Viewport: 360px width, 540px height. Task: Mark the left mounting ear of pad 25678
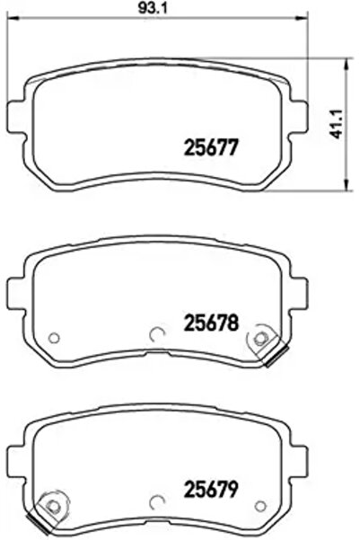click(16, 288)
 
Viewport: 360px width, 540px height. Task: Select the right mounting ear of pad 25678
click(298, 288)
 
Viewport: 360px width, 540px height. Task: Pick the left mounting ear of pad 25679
click(16, 461)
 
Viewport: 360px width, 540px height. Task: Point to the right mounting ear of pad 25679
click(298, 461)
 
